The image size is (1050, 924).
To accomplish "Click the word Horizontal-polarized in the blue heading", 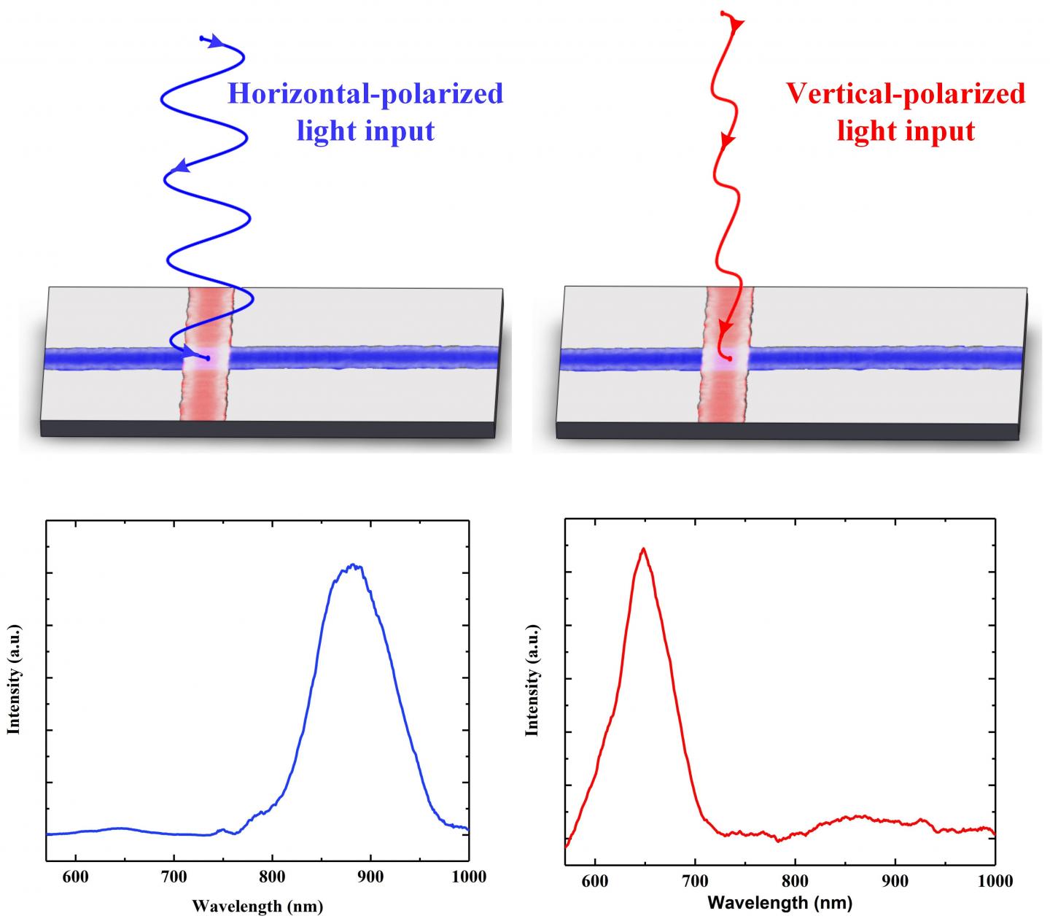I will coord(365,94).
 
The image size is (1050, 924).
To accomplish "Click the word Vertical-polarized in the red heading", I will coord(905,94).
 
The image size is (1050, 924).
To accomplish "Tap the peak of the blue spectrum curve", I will coord(353,565).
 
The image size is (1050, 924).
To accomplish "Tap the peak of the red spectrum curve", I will coord(643,548).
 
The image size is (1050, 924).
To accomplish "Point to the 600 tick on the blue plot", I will coord(76,877).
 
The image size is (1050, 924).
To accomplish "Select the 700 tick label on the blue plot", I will coord(174,877).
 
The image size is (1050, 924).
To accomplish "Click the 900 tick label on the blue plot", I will coord(370,877).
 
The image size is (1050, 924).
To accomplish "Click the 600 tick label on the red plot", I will coord(595,881).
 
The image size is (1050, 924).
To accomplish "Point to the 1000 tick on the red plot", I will coord(992,881).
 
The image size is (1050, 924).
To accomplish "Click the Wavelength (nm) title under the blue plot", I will coord(257,906).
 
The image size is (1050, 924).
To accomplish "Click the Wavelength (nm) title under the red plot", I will coord(779,903).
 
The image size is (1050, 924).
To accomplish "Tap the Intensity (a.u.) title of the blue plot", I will coord(13,678).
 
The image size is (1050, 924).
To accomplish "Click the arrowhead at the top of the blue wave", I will coord(215,42).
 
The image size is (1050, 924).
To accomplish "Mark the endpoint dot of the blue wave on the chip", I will coord(208,358).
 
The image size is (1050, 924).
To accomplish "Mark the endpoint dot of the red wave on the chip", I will coord(728,359).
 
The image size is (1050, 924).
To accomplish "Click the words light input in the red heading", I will coord(906,131).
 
